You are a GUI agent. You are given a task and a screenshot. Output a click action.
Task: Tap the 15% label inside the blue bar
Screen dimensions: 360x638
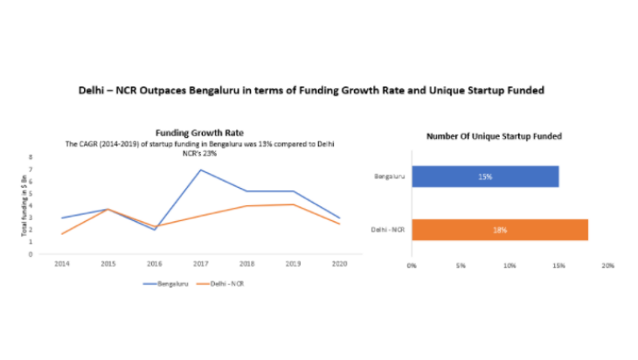tap(485, 177)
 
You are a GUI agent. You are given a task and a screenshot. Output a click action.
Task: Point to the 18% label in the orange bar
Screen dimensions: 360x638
tap(499, 230)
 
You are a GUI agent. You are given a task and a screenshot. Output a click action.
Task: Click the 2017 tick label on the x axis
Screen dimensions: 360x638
tap(201, 263)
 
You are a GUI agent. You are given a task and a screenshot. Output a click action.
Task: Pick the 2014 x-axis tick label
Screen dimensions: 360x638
tap(61, 263)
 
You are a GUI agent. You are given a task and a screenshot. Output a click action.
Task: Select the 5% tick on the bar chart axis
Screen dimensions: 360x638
tap(461, 264)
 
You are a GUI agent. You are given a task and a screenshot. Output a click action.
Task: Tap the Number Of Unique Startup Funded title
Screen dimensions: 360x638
tap(493, 136)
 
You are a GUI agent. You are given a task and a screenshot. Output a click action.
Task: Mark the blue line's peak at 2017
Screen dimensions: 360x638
tap(201, 170)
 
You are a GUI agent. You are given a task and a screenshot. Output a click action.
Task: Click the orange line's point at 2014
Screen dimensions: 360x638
tap(61, 233)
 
